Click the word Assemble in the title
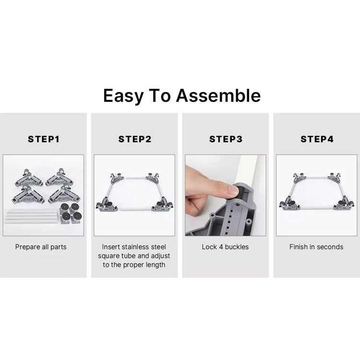(x=218, y=96)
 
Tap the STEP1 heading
(x=44, y=139)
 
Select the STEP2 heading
(x=135, y=139)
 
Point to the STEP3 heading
(x=226, y=139)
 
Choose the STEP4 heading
(x=317, y=139)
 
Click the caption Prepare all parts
(x=41, y=247)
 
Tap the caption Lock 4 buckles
(x=225, y=247)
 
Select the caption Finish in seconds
(x=316, y=247)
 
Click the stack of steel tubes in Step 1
(x=31, y=217)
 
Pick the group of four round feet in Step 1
(x=71, y=213)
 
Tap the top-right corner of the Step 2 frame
(x=153, y=178)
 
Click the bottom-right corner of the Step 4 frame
(x=343, y=204)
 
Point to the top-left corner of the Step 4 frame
(x=300, y=178)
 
